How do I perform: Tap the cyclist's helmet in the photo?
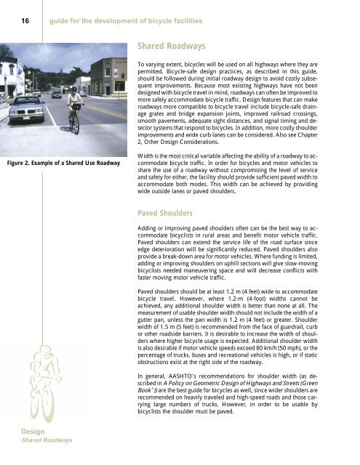pos(72,89)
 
